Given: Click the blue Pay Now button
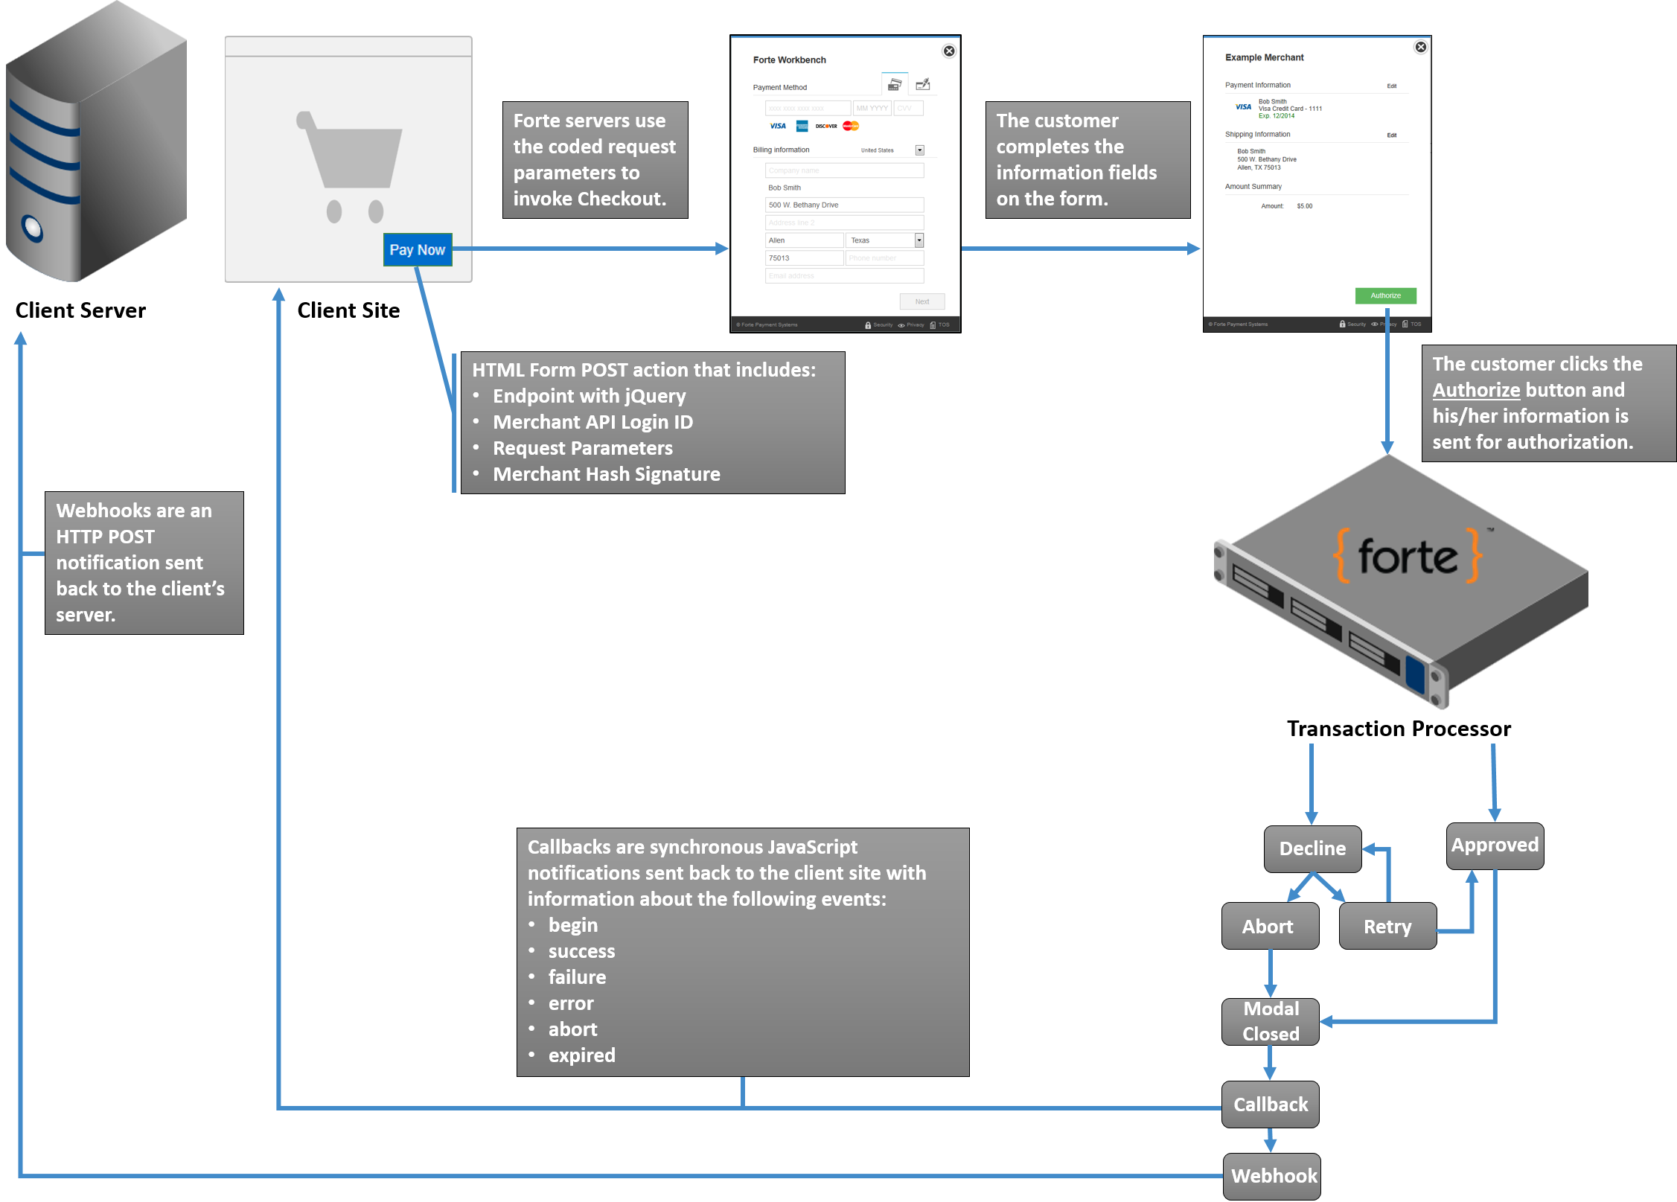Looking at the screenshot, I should click(418, 250).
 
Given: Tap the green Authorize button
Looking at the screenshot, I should click(1385, 295).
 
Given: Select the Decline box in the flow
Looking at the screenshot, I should click(1312, 848).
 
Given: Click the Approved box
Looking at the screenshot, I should click(1495, 845).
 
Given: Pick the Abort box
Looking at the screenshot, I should click(1268, 927).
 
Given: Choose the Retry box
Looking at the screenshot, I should click(1387, 927).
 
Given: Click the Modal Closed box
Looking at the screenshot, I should click(1271, 1021).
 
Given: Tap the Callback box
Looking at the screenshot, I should click(1271, 1105).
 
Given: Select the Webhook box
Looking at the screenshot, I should click(1273, 1176).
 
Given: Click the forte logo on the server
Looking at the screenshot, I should click(1406, 557).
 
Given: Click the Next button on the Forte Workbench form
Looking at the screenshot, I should click(922, 301).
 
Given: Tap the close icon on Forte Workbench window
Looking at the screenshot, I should click(949, 51).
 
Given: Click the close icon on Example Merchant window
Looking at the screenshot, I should click(1420, 47).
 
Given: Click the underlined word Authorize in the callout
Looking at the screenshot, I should click(1476, 390).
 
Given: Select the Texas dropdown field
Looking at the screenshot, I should click(886, 240).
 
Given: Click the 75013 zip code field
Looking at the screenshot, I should click(804, 258).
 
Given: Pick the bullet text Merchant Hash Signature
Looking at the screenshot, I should click(606, 474).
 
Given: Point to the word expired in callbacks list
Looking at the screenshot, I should click(581, 1055).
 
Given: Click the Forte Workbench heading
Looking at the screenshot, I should click(789, 60).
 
